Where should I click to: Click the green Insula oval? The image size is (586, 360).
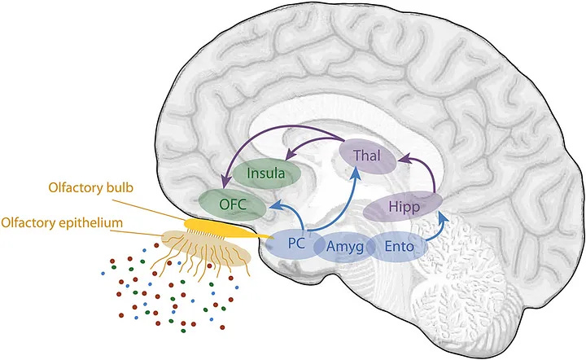266,173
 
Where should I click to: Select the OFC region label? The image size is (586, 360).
233,204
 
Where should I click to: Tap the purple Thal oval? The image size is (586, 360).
367,156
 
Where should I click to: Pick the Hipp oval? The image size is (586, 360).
403,206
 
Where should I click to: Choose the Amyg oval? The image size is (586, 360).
344,247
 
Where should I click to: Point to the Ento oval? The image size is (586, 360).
399,247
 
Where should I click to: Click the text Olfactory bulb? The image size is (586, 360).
91,187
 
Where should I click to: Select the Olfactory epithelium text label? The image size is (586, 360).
62,222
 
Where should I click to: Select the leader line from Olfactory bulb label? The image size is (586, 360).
150,210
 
